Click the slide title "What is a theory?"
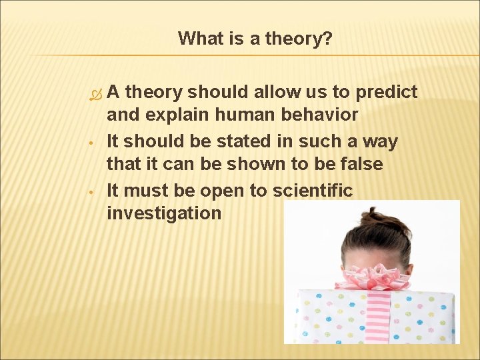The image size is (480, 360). click(x=255, y=39)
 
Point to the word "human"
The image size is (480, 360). click(x=246, y=115)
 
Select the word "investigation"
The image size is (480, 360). click(x=164, y=213)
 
